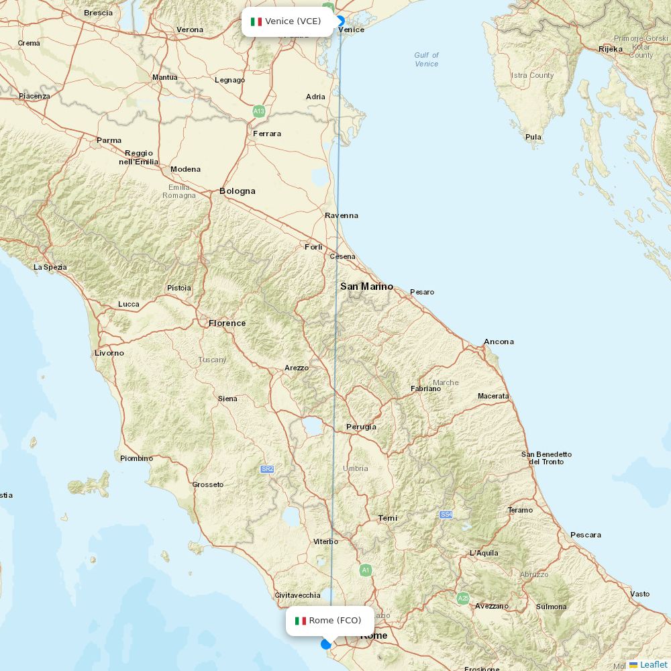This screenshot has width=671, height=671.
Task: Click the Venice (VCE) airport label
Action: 287,21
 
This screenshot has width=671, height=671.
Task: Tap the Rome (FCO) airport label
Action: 329,621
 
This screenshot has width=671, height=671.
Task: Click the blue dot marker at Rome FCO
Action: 326,644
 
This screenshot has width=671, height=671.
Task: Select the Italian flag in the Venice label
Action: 256,21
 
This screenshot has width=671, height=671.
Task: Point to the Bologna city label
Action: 238,191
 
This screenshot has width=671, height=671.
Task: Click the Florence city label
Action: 227,323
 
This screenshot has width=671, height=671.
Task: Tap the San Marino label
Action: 366,287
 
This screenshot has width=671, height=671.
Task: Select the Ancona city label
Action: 499,342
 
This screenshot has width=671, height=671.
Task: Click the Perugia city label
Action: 361,427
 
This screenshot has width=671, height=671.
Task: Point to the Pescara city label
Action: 585,535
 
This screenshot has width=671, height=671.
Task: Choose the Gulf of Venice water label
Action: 426,60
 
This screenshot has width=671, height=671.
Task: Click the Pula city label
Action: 533,138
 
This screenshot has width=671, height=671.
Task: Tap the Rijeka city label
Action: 611,49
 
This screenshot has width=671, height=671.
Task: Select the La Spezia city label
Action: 50,267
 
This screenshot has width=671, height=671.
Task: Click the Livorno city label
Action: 109,353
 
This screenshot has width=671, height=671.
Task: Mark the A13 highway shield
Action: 259,111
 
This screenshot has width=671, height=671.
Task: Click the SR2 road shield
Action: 267,469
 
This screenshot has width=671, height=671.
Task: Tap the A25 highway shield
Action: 463,598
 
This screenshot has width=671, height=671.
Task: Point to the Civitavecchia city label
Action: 297,595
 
